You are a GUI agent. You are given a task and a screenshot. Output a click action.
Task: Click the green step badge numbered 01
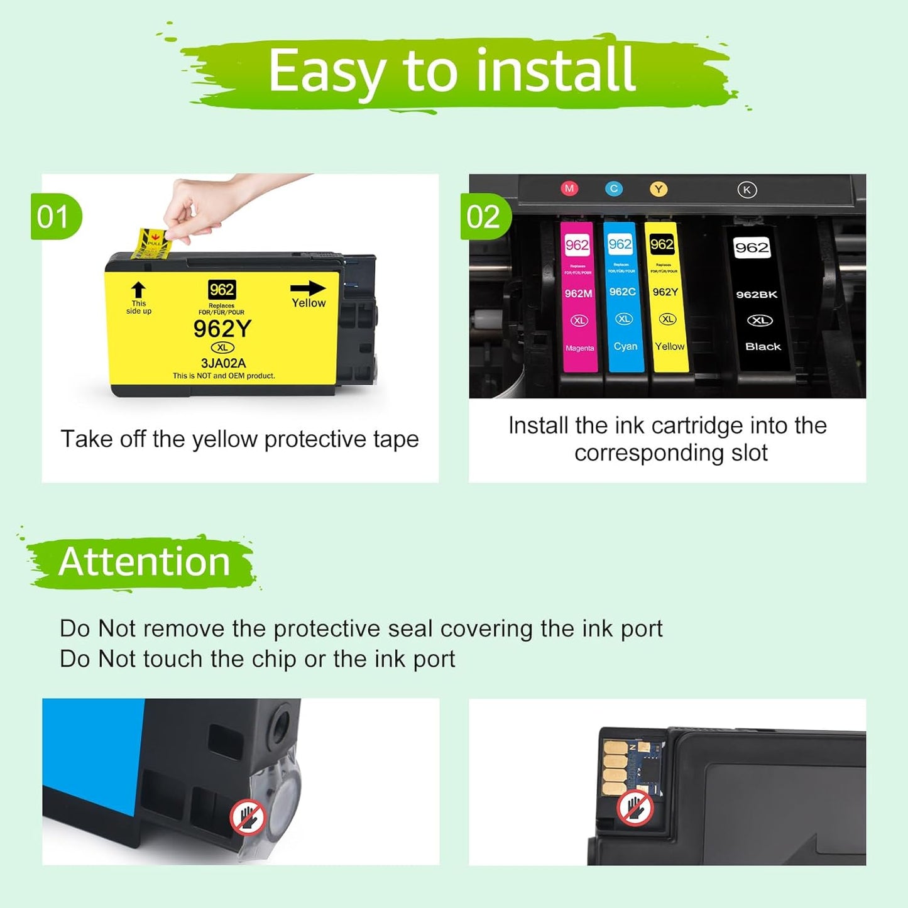55,217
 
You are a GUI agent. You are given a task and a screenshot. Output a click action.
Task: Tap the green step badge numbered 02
484,217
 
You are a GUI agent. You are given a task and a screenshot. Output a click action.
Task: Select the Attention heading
144,562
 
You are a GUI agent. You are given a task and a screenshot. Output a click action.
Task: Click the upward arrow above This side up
138,290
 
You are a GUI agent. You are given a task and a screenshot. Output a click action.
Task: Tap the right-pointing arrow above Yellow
308,288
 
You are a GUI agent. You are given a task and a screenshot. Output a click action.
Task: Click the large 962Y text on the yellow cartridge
222,329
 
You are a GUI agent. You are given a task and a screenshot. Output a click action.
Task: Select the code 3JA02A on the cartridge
223,363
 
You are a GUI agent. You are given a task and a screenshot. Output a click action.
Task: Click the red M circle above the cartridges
569,188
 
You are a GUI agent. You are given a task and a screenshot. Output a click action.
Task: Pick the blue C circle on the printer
614,188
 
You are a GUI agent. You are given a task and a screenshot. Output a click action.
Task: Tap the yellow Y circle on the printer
659,189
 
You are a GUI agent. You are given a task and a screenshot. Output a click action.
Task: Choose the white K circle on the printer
747,190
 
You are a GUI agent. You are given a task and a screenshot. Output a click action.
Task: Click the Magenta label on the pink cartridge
579,348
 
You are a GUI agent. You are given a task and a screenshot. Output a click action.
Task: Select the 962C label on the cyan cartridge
623,292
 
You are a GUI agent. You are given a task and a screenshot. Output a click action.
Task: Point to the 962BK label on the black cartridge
757,295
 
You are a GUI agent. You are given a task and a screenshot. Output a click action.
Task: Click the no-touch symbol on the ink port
248,817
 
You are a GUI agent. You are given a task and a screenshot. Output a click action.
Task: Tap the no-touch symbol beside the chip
635,806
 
